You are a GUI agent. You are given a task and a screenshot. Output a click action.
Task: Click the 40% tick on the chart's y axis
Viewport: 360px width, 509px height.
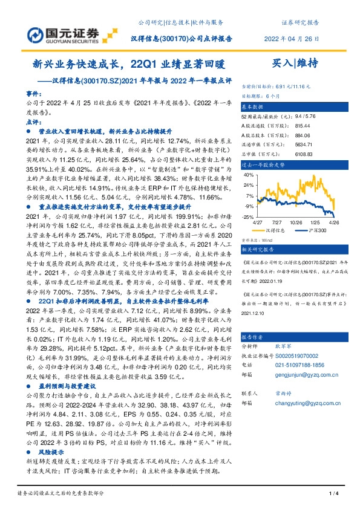click(x=249, y=175)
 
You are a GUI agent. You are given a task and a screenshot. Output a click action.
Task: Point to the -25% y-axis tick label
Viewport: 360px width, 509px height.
click(x=249, y=216)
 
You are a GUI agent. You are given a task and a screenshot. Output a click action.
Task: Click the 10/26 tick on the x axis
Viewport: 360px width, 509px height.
click(x=296, y=222)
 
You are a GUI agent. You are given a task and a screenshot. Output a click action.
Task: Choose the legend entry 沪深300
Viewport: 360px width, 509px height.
click(x=314, y=230)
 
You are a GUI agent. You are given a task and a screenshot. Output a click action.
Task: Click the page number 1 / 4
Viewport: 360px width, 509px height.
click(x=332, y=494)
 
